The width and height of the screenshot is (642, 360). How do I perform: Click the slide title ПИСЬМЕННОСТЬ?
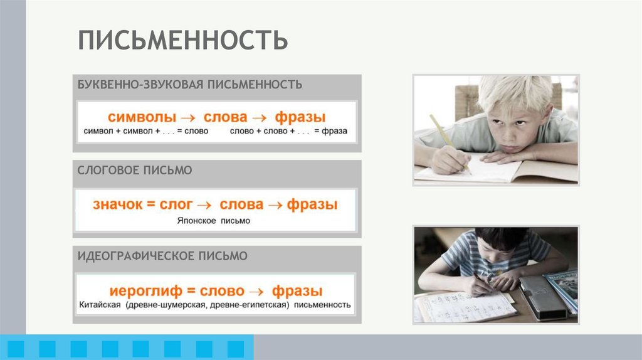182,40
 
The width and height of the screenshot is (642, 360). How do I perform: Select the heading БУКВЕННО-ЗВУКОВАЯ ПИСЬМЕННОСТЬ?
190,84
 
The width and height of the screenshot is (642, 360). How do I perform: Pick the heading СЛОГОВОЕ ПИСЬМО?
134,170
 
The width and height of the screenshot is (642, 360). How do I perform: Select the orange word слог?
175,204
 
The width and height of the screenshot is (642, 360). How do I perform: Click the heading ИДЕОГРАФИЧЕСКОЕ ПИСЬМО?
162,256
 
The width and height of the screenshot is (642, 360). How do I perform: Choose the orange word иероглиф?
145,291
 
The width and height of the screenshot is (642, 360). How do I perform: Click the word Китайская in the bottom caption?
100,305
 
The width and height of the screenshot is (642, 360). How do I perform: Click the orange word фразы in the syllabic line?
312,204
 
